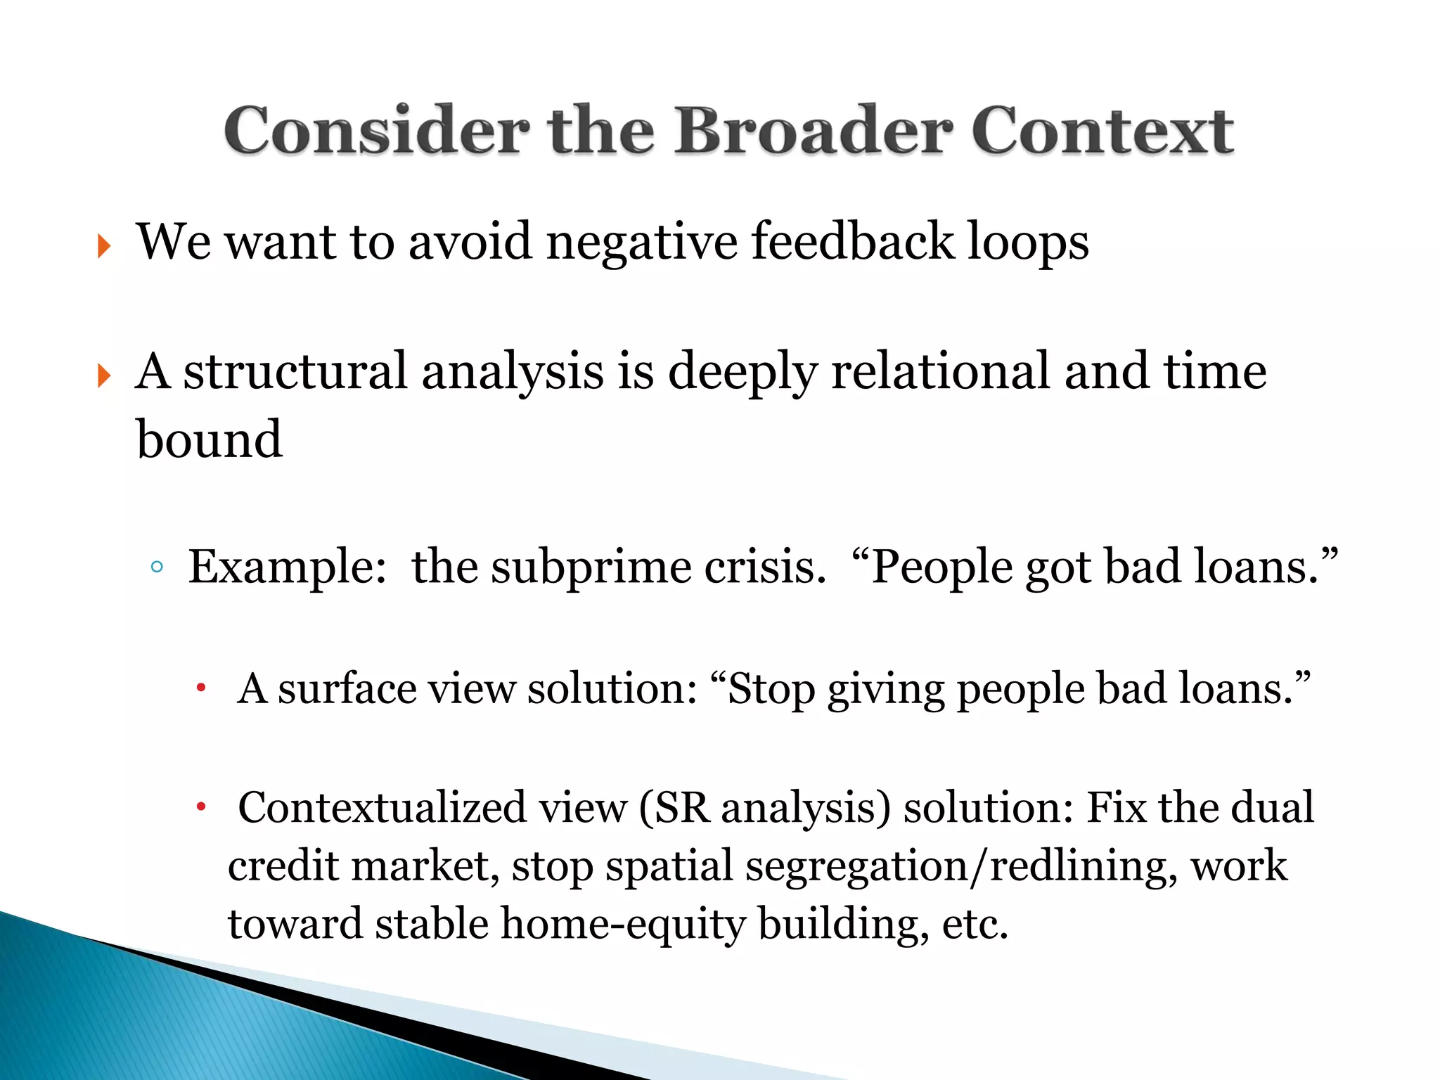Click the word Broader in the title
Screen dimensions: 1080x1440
[x=814, y=131]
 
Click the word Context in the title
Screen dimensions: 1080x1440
[x=1102, y=131]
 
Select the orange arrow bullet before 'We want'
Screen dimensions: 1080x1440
[x=105, y=246]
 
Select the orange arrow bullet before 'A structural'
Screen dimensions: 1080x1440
[x=105, y=375]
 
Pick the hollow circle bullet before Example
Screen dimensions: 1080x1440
[x=157, y=567]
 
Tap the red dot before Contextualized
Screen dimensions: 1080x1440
[x=201, y=807]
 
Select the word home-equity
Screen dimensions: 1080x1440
[x=623, y=924]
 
